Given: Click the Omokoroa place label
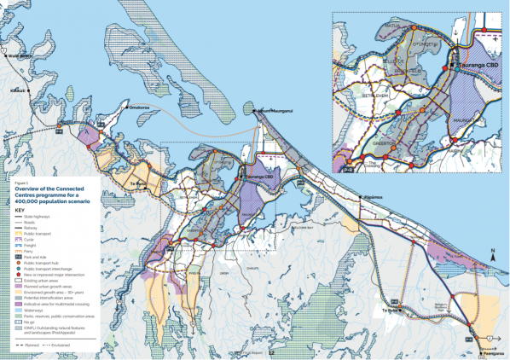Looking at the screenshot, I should [x=141, y=108].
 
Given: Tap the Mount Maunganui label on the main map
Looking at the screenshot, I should [x=278, y=111].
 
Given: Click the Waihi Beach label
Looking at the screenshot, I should [x=19, y=56].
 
